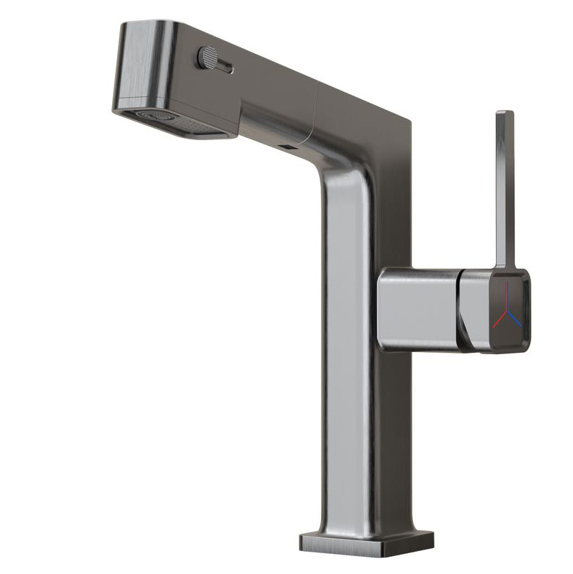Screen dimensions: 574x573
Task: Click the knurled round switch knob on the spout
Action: (208, 57)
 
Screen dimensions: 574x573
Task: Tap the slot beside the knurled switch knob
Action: (225, 68)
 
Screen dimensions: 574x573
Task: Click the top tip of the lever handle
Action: (504, 114)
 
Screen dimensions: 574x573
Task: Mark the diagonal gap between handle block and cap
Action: (462, 309)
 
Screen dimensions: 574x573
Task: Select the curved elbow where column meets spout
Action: (345, 169)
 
